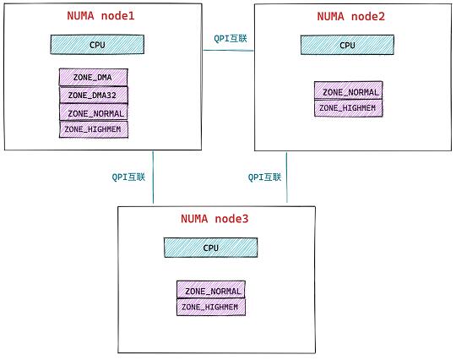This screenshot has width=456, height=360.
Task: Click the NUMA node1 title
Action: [101, 16]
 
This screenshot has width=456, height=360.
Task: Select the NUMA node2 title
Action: [351, 16]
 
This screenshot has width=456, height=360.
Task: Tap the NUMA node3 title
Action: [214, 219]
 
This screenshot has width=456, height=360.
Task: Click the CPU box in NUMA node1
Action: [97, 45]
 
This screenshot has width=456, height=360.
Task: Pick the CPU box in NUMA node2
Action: [347, 45]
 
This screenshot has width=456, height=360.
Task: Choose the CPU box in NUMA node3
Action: [210, 248]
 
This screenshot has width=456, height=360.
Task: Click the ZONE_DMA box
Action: [94, 77]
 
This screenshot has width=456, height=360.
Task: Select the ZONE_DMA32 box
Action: [94, 95]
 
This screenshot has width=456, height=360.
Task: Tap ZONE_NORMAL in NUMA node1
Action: [94, 112]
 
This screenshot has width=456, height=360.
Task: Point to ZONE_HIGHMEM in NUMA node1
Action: [94, 129]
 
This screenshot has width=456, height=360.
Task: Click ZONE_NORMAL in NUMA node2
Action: [349, 90]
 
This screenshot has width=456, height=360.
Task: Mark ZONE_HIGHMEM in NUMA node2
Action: [349, 108]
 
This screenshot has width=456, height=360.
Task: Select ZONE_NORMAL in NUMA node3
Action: [211, 289]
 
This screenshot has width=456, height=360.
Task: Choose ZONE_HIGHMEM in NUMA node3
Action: [211, 307]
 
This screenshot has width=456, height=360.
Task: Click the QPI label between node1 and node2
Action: [231, 38]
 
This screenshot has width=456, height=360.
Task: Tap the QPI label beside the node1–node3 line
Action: [128, 177]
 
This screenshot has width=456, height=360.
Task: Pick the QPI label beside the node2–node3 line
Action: [264, 177]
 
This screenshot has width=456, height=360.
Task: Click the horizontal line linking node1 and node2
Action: [228, 51]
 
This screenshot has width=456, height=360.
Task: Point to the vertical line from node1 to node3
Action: [153, 177]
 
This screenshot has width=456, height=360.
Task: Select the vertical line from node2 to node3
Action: [286, 177]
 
